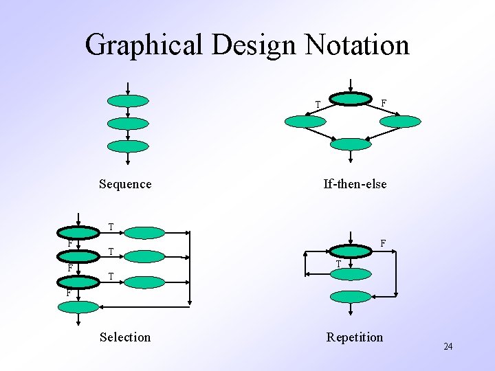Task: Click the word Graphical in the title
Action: click(x=144, y=46)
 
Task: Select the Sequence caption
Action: click(x=125, y=184)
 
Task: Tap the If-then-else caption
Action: click(x=355, y=184)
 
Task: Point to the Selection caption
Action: click(x=125, y=337)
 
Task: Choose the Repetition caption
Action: click(x=355, y=337)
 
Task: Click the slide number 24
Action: click(x=448, y=346)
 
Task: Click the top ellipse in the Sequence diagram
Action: click(x=128, y=101)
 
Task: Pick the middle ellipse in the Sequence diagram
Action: click(x=128, y=124)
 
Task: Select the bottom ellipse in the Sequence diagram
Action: click(x=128, y=146)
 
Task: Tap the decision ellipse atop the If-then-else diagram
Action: click(x=351, y=99)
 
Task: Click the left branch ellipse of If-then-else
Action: click(x=305, y=122)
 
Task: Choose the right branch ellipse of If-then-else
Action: click(x=399, y=122)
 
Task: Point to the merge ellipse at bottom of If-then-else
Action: click(x=351, y=144)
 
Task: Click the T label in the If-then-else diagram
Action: click(x=318, y=105)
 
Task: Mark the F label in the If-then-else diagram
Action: click(x=384, y=103)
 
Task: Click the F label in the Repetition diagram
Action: click(x=383, y=243)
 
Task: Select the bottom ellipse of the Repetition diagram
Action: click(x=351, y=297)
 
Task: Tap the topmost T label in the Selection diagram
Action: click(x=111, y=227)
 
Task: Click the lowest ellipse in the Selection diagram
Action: click(x=78, y=307)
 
